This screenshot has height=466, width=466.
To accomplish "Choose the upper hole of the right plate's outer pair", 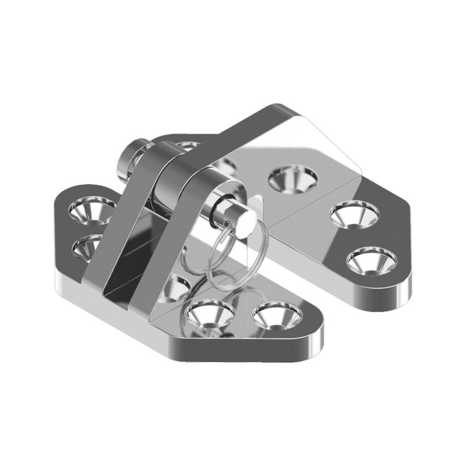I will point(354,214).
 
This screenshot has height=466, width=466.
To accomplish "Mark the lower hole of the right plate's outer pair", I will point(371,260).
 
